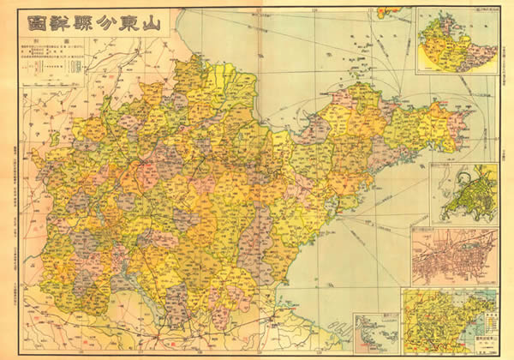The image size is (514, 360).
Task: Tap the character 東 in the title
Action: click(125, 24)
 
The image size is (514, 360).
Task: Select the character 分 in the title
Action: click(100, 24)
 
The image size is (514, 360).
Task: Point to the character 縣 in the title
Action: click(76, 24)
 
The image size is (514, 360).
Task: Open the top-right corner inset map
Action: click(457, 41)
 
